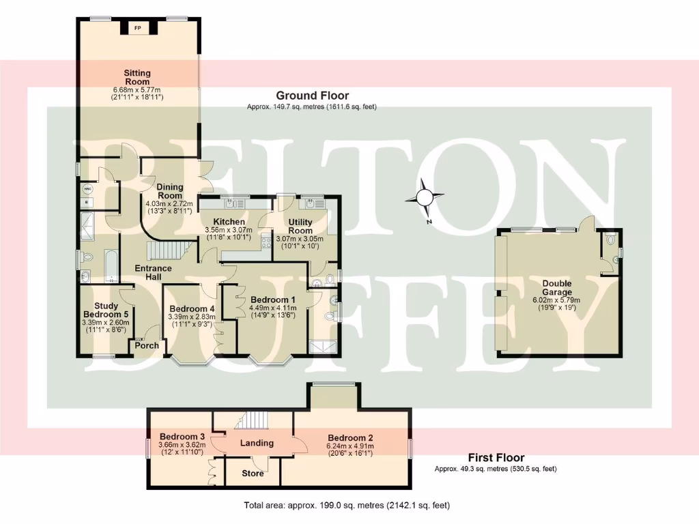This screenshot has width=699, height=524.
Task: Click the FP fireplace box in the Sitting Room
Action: click(x=138, y=28)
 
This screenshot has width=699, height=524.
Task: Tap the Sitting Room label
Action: click(x=137, y=77)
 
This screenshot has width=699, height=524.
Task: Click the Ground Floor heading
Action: click(x=312, y=96)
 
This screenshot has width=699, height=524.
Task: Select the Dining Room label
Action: click(x=169, y=191)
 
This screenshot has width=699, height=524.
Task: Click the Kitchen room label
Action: click(x=229, y=222)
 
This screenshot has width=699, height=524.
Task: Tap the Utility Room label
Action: click(x=300, y=227)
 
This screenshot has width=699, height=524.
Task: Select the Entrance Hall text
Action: click(x=153, y=273)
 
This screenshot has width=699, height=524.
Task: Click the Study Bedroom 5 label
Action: click(x=106, y=310)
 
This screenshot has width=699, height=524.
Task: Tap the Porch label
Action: click(x=147, y=345)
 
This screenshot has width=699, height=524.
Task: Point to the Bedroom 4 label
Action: click(x=192, y=308)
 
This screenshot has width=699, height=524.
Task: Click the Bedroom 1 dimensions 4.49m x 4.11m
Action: click(x=272, y=308)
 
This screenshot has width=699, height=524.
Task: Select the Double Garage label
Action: click(x=557, y=288)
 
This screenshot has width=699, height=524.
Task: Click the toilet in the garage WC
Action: click(x=610, y=239)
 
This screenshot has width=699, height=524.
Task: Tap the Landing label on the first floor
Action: click(x=257, y=443)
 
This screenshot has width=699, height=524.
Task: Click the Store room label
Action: click(x=253, y=474)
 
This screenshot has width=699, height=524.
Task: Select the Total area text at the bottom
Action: click(x=347, y=506)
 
